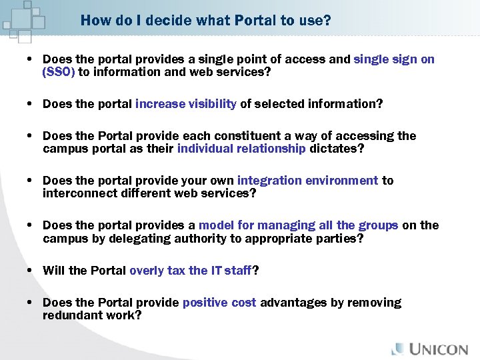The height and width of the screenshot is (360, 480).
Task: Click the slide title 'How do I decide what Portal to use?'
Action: click(205, 21)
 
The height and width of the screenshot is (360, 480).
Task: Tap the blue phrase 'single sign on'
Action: click(394, 59)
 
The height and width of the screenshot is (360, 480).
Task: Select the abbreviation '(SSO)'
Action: click(59, 72)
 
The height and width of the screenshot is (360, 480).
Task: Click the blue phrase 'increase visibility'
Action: click(186, 103)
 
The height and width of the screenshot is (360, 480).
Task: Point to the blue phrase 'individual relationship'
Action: click(241, 148)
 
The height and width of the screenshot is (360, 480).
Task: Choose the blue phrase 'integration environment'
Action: click(307, 181)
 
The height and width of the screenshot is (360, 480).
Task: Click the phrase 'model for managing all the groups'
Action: click(298, 225)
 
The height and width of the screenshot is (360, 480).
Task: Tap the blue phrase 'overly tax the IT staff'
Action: click(191, 270)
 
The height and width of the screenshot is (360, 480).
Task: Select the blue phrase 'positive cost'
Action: click(219, 303)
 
